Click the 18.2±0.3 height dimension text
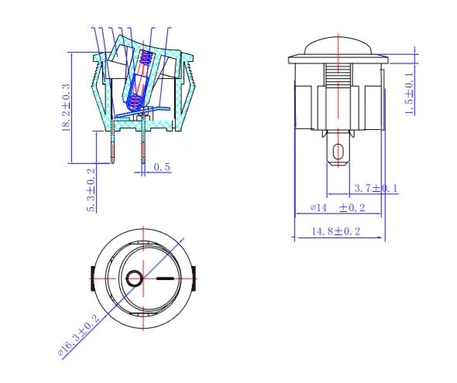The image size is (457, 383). click(x=67, y=108)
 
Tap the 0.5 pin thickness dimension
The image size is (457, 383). click(x=162, y=166)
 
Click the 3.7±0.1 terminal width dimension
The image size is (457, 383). click(x=375, y=188)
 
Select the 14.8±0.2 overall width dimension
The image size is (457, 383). click(x=336, y=231)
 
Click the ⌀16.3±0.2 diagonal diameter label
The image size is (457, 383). click(x=79, y=335)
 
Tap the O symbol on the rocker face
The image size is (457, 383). click(x=134, y=278)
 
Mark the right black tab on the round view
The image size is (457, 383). click(x=194, y=276)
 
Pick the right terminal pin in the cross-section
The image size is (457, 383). click(x=143, y=147)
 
